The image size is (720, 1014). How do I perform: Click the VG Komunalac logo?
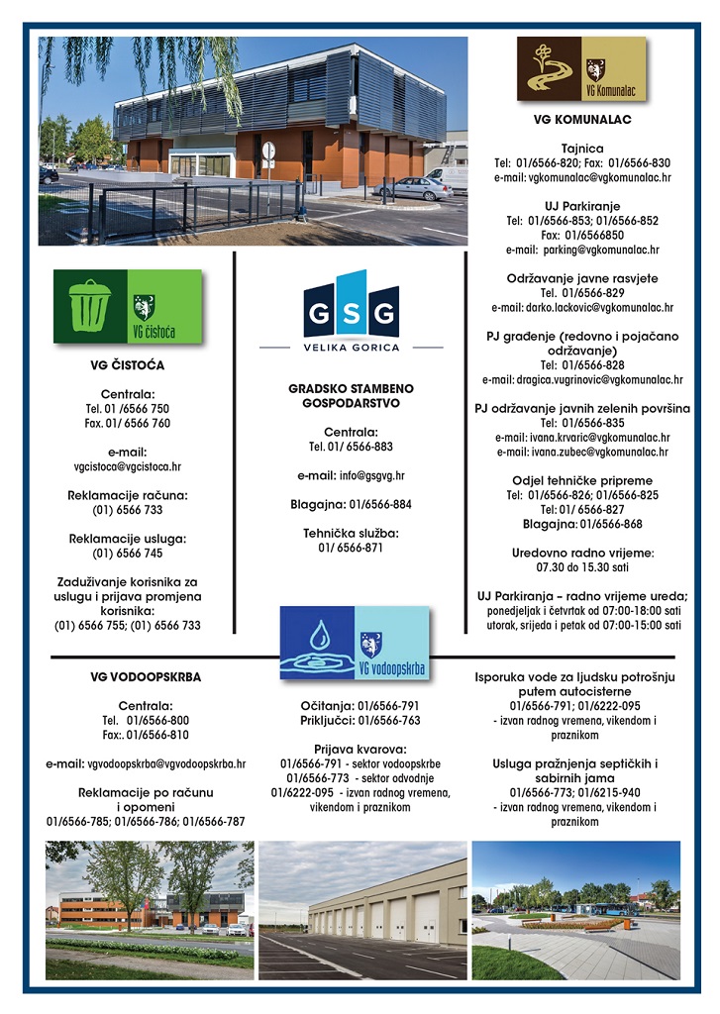tap(580, 69)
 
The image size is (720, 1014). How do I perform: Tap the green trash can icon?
tap(90, 306)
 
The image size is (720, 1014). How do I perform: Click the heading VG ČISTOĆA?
tap(127, 365)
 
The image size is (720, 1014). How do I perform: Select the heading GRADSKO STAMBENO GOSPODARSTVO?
tap(344, 396)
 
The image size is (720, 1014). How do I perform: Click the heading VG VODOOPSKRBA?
tap(145, 677)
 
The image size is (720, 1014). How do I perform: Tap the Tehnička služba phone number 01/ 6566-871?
tap(350, 548)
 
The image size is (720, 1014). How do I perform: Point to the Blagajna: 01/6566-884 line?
tap(351, 504)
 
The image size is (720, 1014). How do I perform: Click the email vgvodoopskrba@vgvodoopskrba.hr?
tap(146, 763)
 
